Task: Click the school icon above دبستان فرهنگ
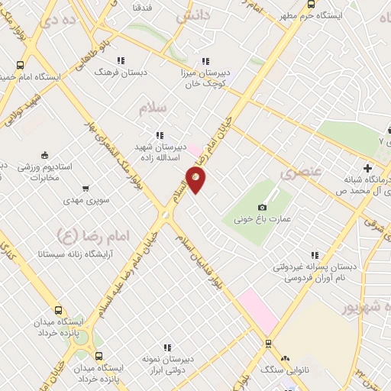coord(121,60)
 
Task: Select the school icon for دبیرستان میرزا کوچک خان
coord(205,61)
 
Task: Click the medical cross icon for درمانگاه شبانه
coord(368,168)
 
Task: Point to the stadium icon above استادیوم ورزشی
coord(44,155)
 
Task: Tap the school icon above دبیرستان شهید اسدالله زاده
coord(160,135)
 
